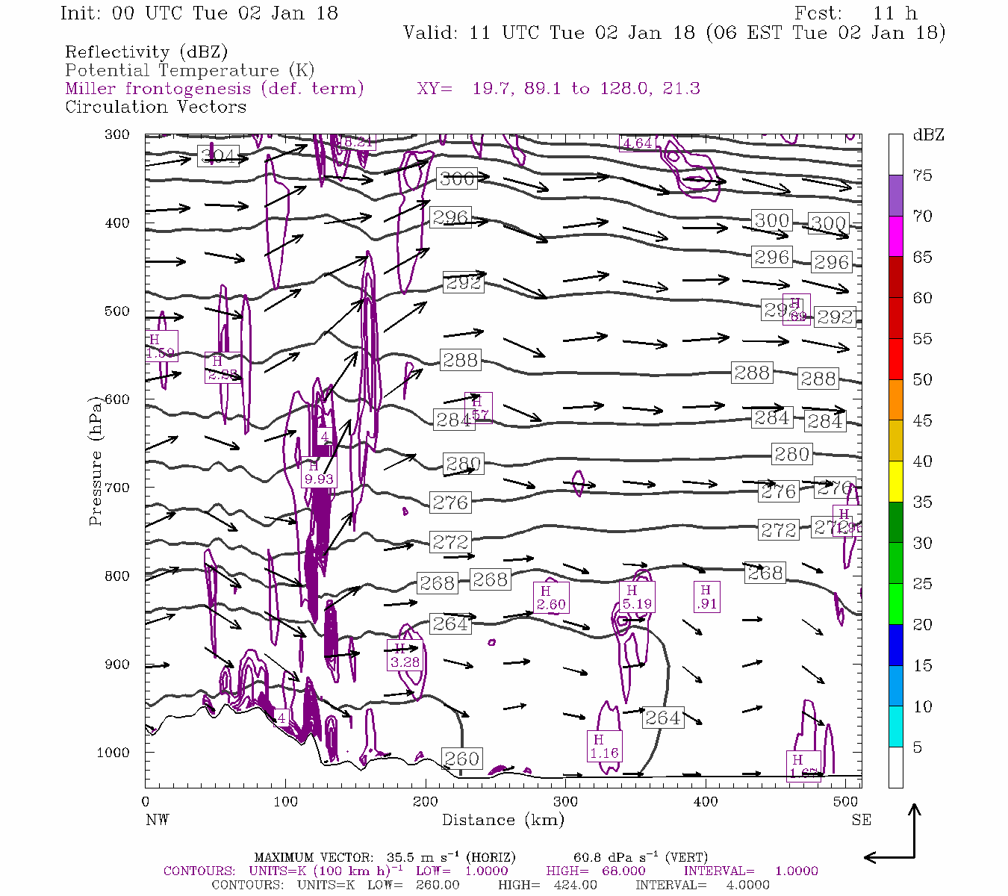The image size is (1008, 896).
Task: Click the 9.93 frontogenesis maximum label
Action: [319, 473]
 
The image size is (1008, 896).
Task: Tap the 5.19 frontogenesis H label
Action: [636, 597]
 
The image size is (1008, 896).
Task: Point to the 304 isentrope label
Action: [218, 157]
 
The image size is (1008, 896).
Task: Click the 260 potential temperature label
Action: [461, 759]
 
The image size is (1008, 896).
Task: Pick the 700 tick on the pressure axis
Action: [116, 488]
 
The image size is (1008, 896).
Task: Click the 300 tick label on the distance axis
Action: [565, 801]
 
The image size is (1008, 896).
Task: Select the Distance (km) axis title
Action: [503, 820]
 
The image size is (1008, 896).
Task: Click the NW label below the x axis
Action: [157, 820]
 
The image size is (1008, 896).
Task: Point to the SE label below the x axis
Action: [861, 820]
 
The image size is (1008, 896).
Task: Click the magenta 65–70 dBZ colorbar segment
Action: [895, 236]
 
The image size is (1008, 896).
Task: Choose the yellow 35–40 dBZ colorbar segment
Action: [895, 482]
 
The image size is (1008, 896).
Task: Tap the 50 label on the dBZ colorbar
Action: [922, 379]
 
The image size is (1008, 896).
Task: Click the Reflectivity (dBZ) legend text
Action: [146, 52]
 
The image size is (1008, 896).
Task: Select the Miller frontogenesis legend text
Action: [214, 89]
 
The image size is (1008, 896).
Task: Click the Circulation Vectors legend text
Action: [155, 107]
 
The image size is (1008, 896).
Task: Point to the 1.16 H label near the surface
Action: [603, 746]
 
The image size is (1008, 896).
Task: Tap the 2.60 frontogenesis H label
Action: [551, 598]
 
